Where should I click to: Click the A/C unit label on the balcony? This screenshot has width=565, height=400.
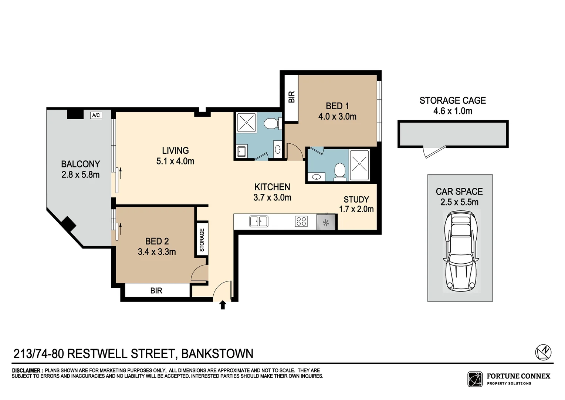(x=96, y=115)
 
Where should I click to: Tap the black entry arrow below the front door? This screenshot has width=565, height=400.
(x=223, y=305)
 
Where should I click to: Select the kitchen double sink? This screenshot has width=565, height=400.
(x=259, y=221)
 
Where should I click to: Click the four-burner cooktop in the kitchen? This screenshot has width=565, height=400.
(x=301, y=221)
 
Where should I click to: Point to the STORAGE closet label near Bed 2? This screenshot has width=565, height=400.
(x=202, y=240)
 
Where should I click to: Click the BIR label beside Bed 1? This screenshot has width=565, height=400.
(x=291, y=97)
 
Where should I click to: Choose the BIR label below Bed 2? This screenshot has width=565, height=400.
(x=156, y=291)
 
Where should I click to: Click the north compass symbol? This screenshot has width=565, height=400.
(x=543, y=352)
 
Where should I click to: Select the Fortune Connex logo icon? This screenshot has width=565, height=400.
(x=475, y=379)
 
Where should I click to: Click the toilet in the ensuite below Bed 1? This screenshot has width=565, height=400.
(x=339, y=171)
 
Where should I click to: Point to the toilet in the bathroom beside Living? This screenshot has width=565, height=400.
(x=273, y=123)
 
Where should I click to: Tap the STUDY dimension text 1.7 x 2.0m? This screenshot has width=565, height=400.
(x=356, y=209)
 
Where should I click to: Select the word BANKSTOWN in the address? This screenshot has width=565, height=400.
(x=217, y=354)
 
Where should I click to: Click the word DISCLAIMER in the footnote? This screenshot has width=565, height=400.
(x=27, y=370)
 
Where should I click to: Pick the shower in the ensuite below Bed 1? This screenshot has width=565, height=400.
(x=359, y=165)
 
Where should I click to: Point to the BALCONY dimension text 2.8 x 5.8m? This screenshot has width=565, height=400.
(x=80, y=174)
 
